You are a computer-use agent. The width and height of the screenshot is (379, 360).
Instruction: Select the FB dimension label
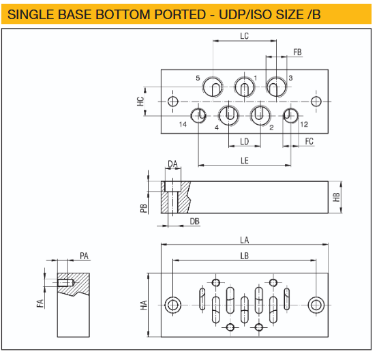[x=297, y=52]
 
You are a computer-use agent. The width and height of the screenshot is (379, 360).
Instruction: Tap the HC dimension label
[x=140, y=101]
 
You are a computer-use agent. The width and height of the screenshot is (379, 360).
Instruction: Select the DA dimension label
[x=172, y=164]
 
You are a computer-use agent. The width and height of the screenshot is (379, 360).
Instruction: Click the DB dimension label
[x=194, y=222]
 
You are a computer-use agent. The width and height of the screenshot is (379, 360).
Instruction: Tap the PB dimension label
[x=144, y=208]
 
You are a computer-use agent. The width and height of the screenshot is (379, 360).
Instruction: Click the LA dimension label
[x=245, y=239]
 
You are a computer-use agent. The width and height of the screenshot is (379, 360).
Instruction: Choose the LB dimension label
[x=245, y=255]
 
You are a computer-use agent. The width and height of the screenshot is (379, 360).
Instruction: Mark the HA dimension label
[x=144, y=305]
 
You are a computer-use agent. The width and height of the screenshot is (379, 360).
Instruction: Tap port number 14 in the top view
[x=183, y=124]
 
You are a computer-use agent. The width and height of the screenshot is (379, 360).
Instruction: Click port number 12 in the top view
[x=304, y=124]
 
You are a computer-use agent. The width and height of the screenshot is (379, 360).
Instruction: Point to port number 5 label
[x=198, y=78]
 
